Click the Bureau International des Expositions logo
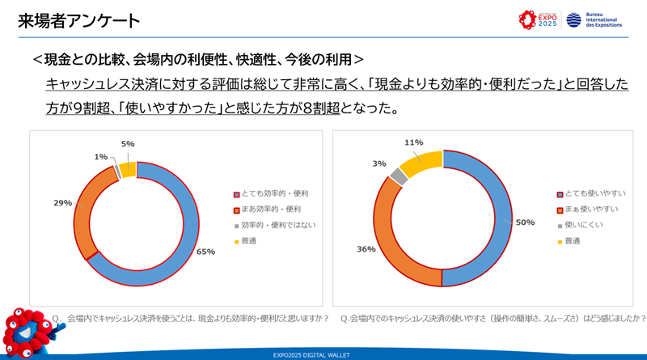tap(594, 19)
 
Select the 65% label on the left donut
tap(205, 252)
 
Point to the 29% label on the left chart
tap(63, 203)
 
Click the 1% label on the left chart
tap(100, 156)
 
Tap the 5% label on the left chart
tap(128, 144)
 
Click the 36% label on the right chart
tap(366, 249)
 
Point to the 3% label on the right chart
tap(379, 163)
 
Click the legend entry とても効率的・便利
tap(270, 194)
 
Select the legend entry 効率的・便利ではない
tap(275, 225)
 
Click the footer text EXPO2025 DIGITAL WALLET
tap(323, 354)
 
